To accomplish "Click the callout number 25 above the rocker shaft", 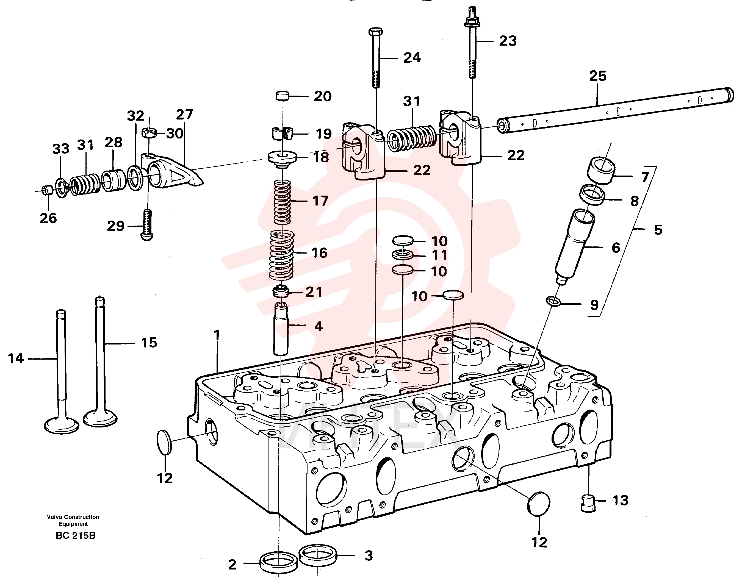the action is click(598, 76).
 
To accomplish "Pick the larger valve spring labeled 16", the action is click(282, 255).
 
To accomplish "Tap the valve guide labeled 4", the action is click(281, 328).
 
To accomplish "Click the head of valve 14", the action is click(62, 424).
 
